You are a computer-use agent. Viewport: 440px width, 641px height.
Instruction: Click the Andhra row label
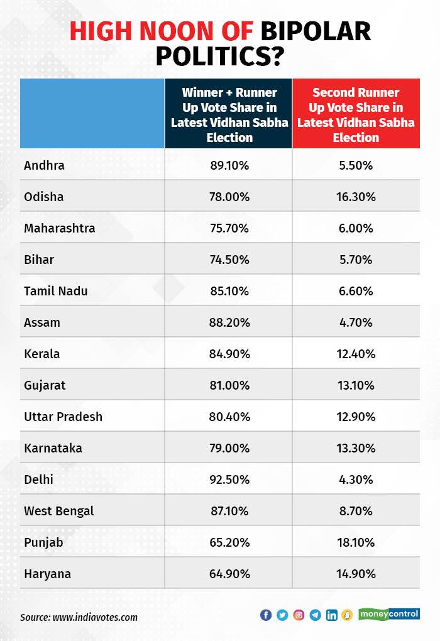(x=44, y=165)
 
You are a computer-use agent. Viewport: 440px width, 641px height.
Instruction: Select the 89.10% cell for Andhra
(x=229, y=165)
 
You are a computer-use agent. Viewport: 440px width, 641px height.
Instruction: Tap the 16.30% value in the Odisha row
(x=356, y=197)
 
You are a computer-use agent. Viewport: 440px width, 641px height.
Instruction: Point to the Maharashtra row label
(x=59, y=228)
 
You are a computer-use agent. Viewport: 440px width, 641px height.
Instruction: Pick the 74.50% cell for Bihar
(x=229, y=260)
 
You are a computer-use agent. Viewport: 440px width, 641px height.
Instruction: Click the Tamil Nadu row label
(x=55, y=291)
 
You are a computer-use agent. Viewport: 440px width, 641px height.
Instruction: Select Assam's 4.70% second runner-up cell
(x=356, y=322)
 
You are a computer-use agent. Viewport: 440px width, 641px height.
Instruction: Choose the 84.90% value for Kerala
(x=229, y=354)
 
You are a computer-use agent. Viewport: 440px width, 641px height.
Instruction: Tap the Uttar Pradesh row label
(x=63, y=417)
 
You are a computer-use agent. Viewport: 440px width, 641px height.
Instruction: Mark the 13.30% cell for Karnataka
(x=356, y=448)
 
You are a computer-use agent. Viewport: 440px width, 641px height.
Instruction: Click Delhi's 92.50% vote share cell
(x=229, y=479)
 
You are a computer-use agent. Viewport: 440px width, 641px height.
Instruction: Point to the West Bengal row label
(x=58, y=511)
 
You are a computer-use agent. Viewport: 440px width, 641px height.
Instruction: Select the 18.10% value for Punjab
(x=356, y=542)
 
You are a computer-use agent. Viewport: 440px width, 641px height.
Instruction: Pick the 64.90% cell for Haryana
(x=229, y=574)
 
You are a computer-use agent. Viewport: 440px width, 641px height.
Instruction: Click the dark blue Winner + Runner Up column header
(x=229, y=114)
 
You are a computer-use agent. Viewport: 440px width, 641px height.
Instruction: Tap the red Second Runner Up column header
(x=356, y=114)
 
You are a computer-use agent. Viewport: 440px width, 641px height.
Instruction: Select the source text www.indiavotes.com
(x=95, y=617)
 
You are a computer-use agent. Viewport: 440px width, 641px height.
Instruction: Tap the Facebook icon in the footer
(x=266, y=615)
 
